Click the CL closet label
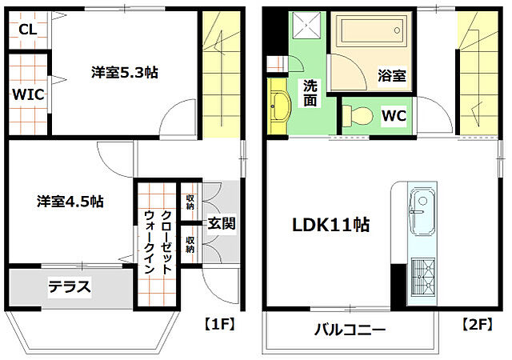(27, 30)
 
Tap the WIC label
(27, 94)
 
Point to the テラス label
(69, 286)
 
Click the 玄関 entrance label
(221, 223)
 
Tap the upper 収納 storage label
(190, 202)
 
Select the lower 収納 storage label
(190, 244)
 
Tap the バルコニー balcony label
(350, 330)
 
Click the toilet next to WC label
(358, 116)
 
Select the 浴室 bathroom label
(392, 77)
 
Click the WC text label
(394, 116)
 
